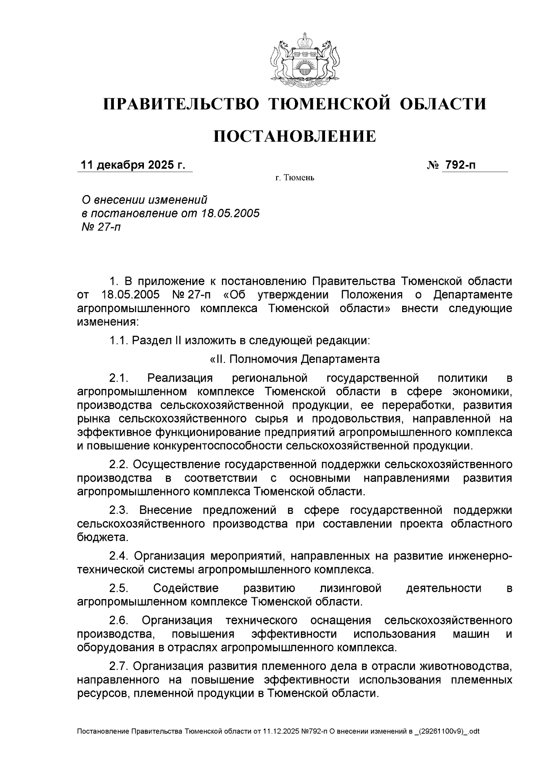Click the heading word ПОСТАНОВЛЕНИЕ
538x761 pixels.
[x=295, y=136]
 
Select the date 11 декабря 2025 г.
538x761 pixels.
[x=132, y=165]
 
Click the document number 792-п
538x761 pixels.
[x=460, y=165]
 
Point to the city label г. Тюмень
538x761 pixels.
[x=295, y=178]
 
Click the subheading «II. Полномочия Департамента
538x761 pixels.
[x=295, y=359]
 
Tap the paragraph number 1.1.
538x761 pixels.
[x=119, y=340]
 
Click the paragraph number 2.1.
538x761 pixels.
[x=119, y=378]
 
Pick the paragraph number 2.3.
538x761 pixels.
[x=119, y=510]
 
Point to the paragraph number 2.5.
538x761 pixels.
[x=119, y=588]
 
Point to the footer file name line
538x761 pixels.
[x=278, y=731]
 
